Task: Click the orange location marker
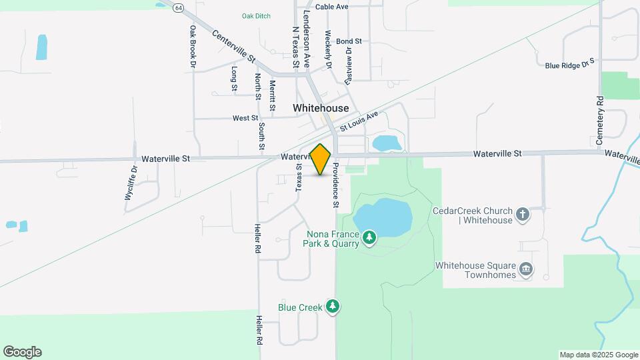(x=321, y=159)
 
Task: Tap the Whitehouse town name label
(x=321, y=108)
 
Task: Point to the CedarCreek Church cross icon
(x=523, y=215)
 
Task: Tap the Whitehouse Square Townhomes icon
(x=526, y=269)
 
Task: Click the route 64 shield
(x=178, y=7)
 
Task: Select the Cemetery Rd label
(x=600, y=121)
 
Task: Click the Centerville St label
(x=234, y=46)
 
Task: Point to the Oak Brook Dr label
(x=193, y=47)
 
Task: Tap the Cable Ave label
(x=332, y=7)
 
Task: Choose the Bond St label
(x=349, y=41)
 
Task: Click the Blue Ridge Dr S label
(x=569, y=65)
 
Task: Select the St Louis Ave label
(x=359, y=120)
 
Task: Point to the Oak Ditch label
(x=256, y=16)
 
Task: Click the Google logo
(x=22, y=352)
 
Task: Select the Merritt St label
(x=273, y=95)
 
